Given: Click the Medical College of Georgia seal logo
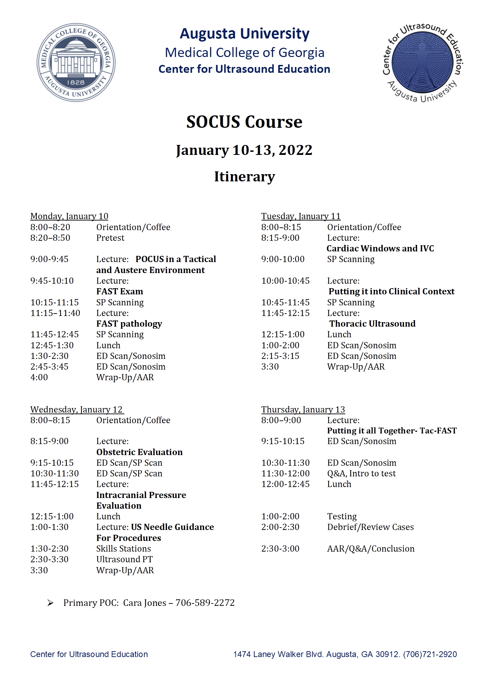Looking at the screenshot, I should tap(76, 63).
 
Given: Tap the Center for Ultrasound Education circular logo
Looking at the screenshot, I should tap(423, 63).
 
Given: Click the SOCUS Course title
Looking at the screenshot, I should tap(244, 122).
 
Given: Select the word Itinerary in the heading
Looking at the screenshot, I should tap(244, 177).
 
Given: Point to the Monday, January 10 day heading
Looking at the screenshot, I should tap(69, 216).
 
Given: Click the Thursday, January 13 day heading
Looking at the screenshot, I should tap(303, 409).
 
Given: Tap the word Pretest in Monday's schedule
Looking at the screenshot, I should tap(110, 238).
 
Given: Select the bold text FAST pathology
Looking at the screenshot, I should tap(129, 324).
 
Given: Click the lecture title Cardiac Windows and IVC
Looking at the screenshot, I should tap(380, 248).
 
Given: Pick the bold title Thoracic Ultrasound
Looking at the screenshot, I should tap(372, 324).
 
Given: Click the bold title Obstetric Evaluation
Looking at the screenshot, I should tap(139, 452).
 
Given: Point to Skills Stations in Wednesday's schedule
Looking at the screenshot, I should tap(123, 549).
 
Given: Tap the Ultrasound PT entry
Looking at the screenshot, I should tap(124, 559).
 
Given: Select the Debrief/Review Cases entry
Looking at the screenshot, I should tap(370, 527).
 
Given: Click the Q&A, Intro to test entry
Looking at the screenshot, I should tap(361, 473).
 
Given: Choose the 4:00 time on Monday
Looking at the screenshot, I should tap(39, 377).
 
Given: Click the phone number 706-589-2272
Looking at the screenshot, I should tap(205, 603).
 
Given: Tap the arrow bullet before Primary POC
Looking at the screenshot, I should tap(50, 603).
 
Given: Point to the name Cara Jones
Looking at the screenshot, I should tap(144, 603).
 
